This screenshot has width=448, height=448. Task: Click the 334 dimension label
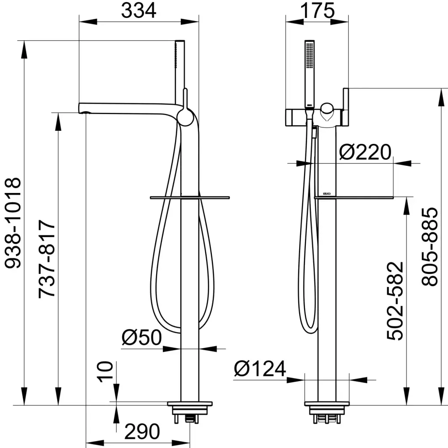pos(139,10)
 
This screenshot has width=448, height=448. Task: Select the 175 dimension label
pos(317,10)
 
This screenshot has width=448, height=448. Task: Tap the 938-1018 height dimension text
pos(13,223)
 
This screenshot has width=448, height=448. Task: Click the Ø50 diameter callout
pos(142,337)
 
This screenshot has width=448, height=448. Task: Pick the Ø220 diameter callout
pos(365,152)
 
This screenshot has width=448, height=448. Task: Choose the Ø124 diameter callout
pos(260,368)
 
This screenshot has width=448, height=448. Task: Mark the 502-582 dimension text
pos(395,301)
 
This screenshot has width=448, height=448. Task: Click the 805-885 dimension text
pos(430,247)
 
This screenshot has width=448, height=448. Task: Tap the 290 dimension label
pos(142,431)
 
